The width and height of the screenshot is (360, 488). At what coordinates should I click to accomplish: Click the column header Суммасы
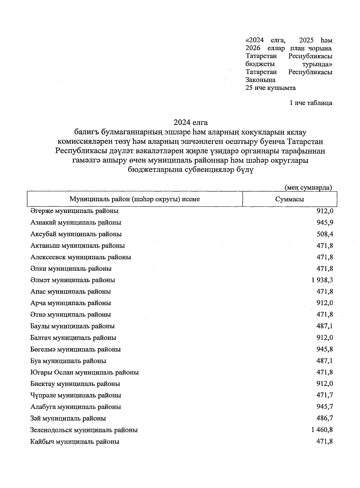click(289, 199)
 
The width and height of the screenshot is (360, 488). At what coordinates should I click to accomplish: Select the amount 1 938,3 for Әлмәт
click(322, 280)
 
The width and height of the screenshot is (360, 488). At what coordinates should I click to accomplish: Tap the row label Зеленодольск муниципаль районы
click(84, 430)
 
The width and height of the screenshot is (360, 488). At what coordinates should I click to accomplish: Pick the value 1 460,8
click(322, 430)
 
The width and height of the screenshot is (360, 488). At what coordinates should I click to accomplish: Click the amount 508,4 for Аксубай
click(325, 234)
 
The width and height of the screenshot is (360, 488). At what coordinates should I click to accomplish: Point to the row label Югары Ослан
click(84, 373)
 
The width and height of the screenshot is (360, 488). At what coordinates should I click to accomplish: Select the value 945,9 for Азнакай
click(325, 223)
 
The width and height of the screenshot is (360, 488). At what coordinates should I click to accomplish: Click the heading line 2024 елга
click(190, 122)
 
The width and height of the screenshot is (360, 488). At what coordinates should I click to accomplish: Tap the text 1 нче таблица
click(310, 103)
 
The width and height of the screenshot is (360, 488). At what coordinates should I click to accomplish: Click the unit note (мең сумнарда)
click(308, 187)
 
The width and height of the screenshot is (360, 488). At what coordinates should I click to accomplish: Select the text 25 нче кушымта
click(270, 88)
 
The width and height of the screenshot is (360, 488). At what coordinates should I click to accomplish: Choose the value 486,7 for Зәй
click(325, 418)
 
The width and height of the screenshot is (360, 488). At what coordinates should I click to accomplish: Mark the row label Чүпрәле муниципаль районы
click(76, 395)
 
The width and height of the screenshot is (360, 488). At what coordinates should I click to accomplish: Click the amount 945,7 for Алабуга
click(325, 407)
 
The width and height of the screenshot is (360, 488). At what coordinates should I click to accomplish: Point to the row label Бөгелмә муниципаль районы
click(76, 349)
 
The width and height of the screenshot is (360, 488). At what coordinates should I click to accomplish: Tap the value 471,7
click(325, 395)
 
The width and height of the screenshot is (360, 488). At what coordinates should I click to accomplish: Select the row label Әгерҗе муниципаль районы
click(74, 211)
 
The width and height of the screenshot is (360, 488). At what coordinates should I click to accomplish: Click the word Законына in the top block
click(260, 80)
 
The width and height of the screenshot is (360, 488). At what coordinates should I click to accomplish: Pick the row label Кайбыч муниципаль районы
click(75, 442)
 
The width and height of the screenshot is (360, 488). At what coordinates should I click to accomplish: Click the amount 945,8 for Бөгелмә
click(325, 349)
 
